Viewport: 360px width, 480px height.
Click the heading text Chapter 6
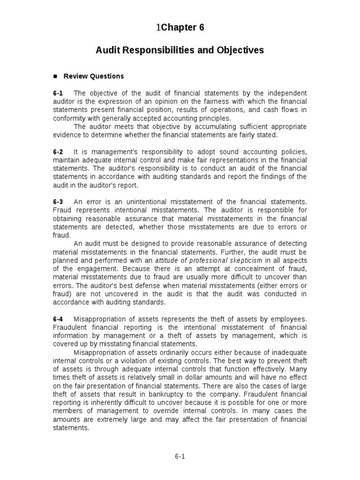point(182,28)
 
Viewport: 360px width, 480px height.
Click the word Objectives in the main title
point(240,50)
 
